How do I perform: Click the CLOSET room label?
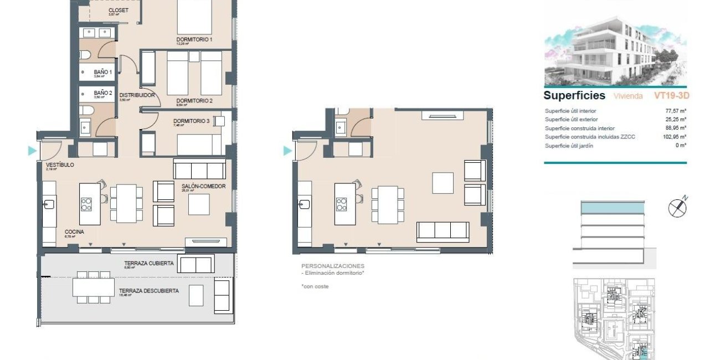click(x=119, y=11)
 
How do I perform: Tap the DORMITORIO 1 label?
click(x=194, y=39)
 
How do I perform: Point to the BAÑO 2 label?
click(x=103, y=92)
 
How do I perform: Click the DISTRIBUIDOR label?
click(x=137, y=95)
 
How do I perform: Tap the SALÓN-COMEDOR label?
click(x=203, y=186)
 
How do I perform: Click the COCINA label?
click(x=74, y=232)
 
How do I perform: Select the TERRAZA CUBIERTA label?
click(x=149, y=263)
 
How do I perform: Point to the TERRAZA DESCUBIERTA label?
click(x=152, y=290)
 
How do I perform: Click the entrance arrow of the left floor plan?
click(x=32, y=151)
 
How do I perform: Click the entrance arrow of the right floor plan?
click(x=287, y=151)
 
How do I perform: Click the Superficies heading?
click(x=574, y=96)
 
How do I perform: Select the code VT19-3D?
click(x=671, y=96)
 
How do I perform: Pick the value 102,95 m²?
click(x=676, y=136)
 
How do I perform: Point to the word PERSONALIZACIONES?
click(x=333, y=266)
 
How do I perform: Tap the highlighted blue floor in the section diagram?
click(x=613, y=208)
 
